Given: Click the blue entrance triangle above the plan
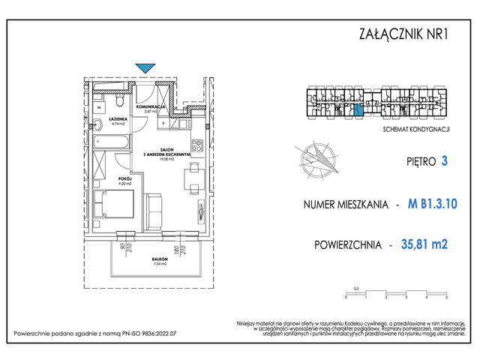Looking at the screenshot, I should (146, 67).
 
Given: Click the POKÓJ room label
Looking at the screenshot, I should (124, 178).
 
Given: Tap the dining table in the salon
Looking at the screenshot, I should (194, 178).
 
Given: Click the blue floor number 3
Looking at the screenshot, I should (445, 160).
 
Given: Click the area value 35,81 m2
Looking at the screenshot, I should (428, 244).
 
